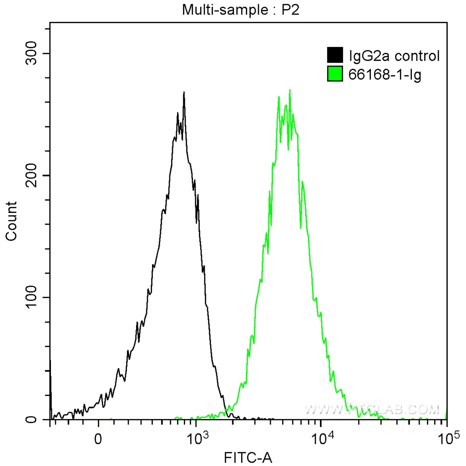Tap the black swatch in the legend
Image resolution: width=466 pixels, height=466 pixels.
coord(334,56)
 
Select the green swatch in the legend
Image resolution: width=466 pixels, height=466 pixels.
coord(334,74)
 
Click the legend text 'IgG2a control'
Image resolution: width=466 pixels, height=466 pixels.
coord(394,56)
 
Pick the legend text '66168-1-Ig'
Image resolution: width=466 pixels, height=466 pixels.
coord(385,74)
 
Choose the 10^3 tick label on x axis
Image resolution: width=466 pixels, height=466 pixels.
coord(197,438)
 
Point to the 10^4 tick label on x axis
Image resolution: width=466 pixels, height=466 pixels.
coord(322,438)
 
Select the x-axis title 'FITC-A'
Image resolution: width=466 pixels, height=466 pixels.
coord(248,457)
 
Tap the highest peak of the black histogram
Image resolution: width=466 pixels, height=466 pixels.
coord(184,92)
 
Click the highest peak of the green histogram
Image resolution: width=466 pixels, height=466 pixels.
coord(289,90)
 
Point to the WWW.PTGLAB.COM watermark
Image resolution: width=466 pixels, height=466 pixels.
coord(372,410)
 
